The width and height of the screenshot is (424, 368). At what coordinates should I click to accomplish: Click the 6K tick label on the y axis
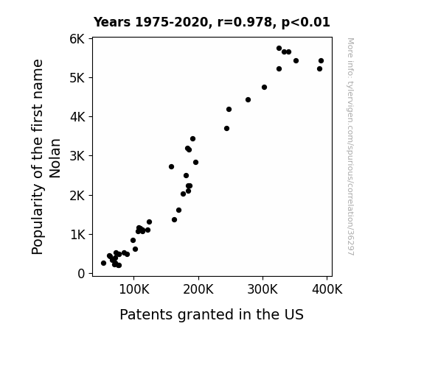pos(77,39)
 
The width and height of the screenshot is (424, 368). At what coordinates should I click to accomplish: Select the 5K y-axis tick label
pos(77,78)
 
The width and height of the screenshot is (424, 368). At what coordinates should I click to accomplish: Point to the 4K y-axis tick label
pos(77,117)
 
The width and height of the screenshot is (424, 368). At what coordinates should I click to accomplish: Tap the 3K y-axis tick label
pos(77,156)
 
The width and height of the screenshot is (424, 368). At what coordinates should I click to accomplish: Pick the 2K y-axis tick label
pos(77,196)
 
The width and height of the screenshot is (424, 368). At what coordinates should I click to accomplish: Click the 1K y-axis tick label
pos(77,235)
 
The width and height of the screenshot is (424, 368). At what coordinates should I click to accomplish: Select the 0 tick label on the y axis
pos(81,274)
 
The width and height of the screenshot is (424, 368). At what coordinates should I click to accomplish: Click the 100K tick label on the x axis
pos(134,290)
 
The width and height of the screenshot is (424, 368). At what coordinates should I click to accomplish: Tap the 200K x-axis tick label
pos(198,290)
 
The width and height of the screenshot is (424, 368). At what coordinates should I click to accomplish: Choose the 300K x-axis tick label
pos(263,290)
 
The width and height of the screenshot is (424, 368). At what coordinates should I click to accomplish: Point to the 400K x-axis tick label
pos(327,290)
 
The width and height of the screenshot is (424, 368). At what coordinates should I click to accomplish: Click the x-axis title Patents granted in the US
pos(212,315)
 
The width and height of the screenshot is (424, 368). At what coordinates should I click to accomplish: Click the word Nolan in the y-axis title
pos(55,158)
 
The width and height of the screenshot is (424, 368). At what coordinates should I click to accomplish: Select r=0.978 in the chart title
pos(245,22)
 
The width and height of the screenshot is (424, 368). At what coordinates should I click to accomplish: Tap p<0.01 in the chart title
pos(306,23)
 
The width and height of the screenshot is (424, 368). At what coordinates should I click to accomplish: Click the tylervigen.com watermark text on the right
pos(350,146)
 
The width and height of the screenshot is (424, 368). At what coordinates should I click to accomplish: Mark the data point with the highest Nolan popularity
pos(279,49)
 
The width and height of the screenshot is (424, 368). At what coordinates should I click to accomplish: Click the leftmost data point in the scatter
pos(103,263)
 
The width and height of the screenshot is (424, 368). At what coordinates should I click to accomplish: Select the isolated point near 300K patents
pos(265,87)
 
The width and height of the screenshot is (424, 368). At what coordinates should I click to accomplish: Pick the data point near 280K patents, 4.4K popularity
pos(249,100)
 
